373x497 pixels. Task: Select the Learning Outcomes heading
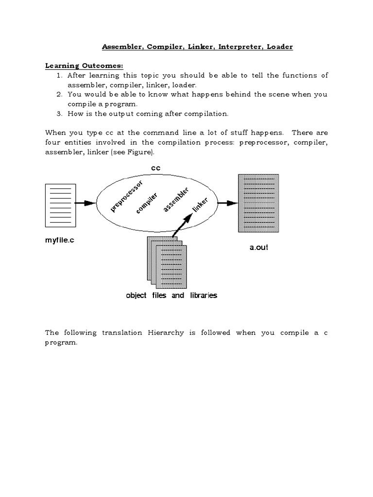[x=78, y=66]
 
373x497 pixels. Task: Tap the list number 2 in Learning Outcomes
[x=59, y=94]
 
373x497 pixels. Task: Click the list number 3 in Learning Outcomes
[x=59, y=114]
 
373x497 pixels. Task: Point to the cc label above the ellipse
[x=155, y=168]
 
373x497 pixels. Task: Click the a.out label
[x=258, y=247]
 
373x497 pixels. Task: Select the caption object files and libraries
[x=171, y=295]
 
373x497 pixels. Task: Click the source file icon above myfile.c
[x=60, y=205]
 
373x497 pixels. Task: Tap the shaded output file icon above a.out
[x=258, y=203]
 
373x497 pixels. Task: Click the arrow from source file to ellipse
[x=86, y=203]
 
